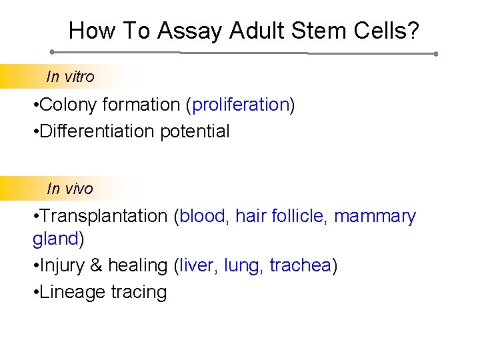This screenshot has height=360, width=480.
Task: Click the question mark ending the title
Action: click(414, 31)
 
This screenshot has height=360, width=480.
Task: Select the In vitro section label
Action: click(71, 77)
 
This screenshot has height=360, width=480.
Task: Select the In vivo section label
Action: click(70, 189)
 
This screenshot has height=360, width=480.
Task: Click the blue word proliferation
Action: click(241, 105)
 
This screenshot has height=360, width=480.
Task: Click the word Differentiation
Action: click(97, 131)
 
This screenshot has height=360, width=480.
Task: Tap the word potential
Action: click(195, 131)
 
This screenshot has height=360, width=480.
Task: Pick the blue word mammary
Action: click(375, 216)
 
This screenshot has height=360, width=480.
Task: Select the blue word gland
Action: click(55, 239)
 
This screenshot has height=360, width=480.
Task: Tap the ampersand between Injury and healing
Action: click(97, 265)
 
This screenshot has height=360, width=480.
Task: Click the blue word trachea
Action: click(300, 265)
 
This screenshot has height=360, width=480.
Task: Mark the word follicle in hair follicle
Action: click(297, 216)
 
